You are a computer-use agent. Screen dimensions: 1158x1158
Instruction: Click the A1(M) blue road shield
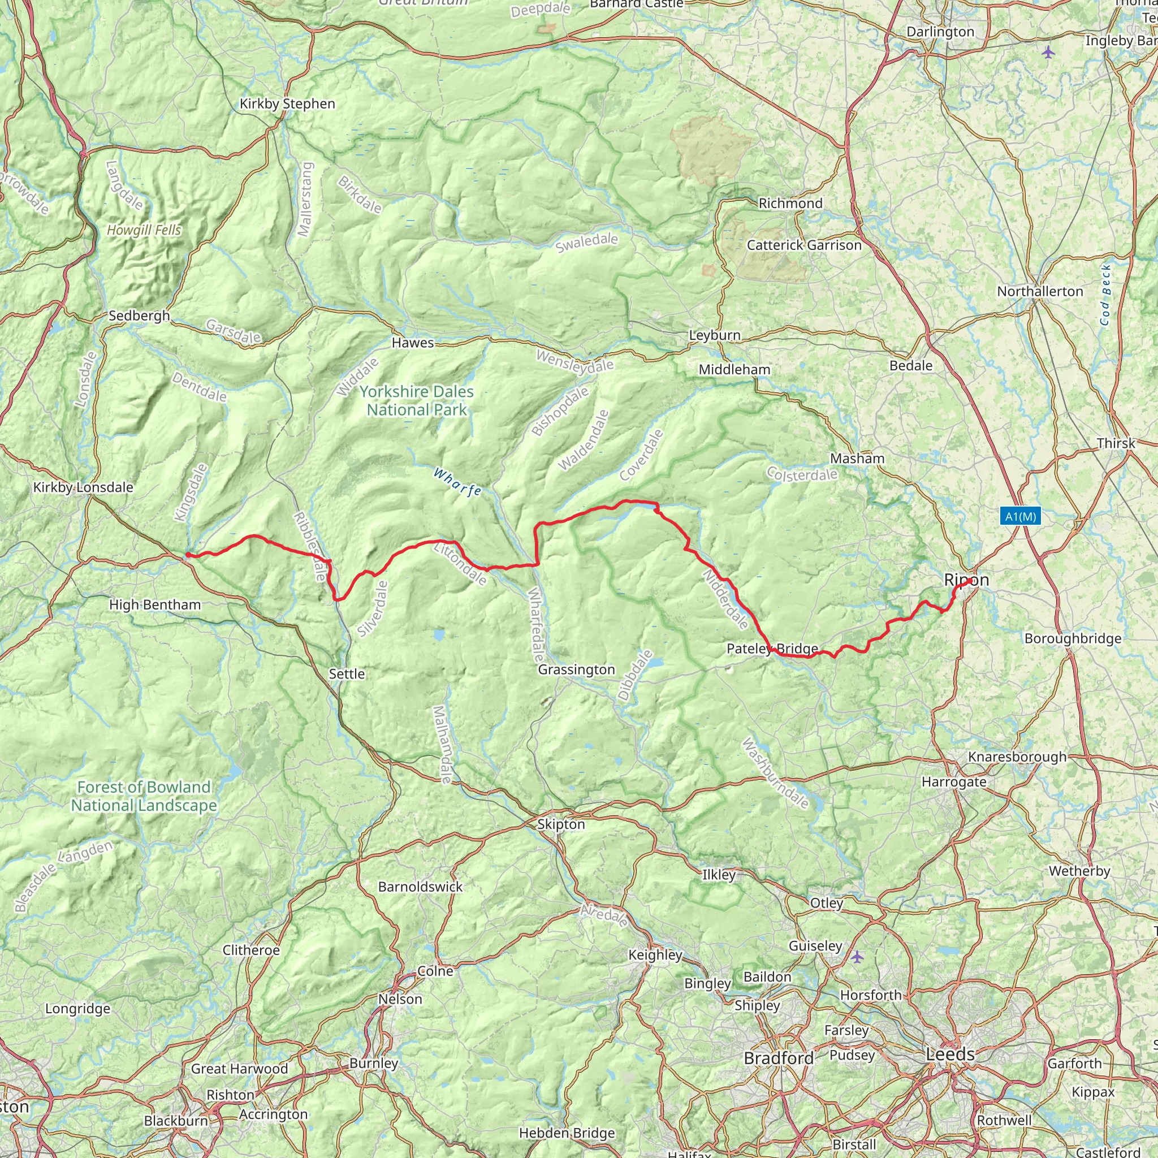pos(1020,516)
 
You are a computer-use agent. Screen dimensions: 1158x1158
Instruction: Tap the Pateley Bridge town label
pos(772,649)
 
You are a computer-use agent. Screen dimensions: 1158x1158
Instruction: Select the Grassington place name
pos(576,669)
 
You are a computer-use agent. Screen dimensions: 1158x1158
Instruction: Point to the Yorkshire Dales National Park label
pos(417,400)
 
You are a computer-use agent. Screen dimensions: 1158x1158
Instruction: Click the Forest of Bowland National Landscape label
pos(144,796)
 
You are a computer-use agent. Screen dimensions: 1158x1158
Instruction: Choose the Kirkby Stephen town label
pos(287,103)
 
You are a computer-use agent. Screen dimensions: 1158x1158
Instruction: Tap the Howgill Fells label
pos(144,230)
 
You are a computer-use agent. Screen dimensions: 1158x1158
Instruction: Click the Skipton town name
pos(560,824)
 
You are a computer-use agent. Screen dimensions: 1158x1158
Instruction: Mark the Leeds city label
pos(950,1054)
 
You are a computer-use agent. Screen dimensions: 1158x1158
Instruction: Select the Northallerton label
pos(1040,291)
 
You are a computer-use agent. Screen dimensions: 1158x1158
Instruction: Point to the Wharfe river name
pos(457,482)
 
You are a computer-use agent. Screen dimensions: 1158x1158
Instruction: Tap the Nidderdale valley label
pos(726,599)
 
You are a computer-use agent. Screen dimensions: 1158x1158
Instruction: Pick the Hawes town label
pos(412,343)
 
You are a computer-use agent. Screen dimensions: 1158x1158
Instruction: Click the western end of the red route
pos(188,555)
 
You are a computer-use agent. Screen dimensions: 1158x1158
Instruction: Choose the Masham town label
pos(857,459)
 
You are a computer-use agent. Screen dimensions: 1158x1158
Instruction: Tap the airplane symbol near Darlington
pos(1048,52)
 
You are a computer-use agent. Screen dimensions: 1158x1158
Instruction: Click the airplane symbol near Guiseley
pos(858,957)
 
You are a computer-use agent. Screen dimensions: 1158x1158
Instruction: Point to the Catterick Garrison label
pos(804,245)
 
